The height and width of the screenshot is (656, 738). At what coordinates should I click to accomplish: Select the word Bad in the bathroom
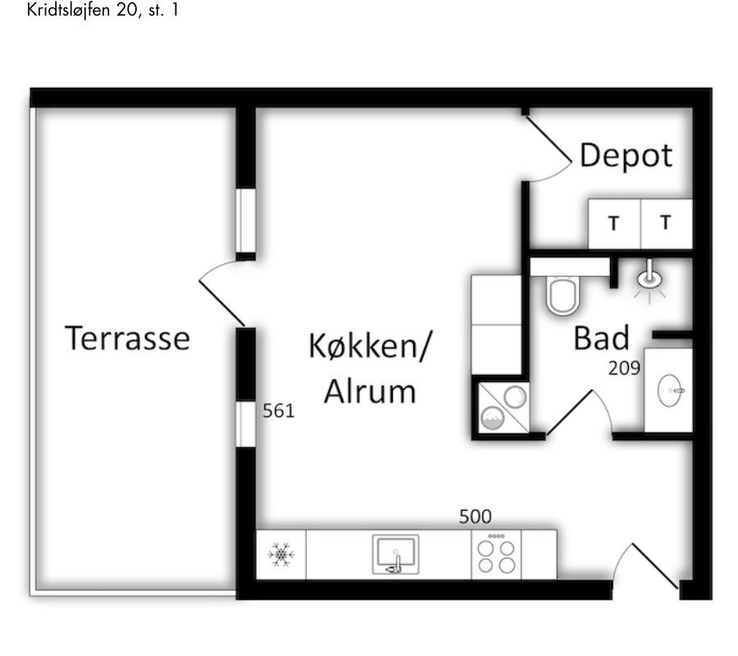[x=601, y=337]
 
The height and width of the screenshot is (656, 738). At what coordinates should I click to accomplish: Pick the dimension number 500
[x=475, y=517]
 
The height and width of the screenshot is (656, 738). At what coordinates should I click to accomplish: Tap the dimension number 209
[x=624, y=368]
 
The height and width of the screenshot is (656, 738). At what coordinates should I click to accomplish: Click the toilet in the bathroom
[x=563, y=294]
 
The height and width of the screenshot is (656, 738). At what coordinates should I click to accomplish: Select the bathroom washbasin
[x=671, y=390]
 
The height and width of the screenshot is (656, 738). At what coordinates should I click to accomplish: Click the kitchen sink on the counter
[x=395, y=554]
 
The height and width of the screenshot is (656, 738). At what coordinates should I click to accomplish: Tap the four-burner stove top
[x=498, y=555]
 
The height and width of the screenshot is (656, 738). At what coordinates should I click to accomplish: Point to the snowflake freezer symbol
[x=281, y=555]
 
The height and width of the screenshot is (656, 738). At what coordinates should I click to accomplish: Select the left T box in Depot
[x=614, y=222]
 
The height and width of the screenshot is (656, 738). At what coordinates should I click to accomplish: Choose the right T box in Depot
[x=666, y=222]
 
